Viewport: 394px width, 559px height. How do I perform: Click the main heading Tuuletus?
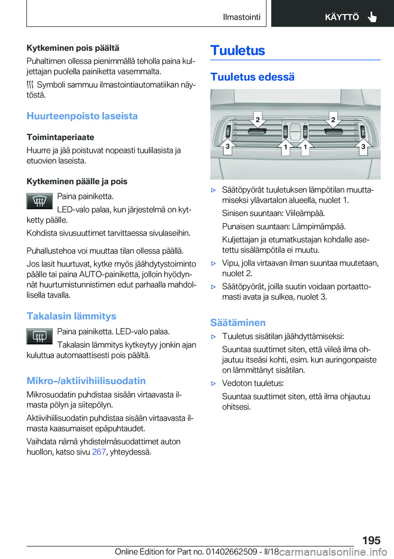238,50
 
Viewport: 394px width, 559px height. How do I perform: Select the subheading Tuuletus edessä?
252,77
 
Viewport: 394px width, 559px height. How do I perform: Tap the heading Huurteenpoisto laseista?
82,116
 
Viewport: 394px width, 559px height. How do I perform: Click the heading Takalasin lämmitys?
71,316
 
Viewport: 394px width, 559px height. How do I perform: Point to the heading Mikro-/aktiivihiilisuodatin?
86,381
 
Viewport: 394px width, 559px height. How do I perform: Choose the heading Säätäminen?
238,323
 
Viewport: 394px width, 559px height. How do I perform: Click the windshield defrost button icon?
39,201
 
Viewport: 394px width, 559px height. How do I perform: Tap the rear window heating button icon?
39,336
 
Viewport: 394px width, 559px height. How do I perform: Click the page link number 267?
99,452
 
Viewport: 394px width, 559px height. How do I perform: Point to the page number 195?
371,540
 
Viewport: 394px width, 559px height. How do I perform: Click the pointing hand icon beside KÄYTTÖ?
372,17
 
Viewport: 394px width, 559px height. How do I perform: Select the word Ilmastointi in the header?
241,17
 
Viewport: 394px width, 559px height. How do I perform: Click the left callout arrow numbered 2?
258,120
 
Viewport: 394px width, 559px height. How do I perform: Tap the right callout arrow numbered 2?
333,120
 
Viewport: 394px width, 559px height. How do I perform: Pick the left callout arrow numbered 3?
227,146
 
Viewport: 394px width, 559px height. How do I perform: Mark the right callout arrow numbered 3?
363,146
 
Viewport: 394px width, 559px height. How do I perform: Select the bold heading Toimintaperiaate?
60,137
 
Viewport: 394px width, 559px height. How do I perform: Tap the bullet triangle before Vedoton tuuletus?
213,383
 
